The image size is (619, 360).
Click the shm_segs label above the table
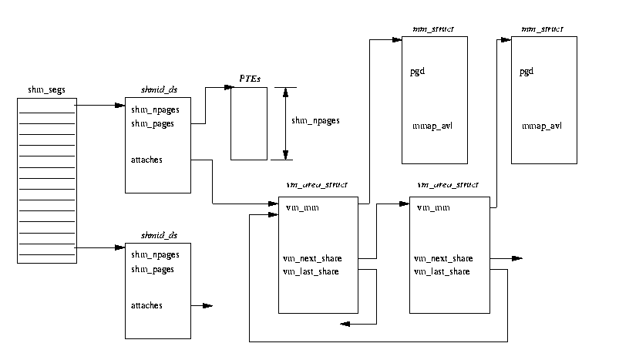(x=46, y=90)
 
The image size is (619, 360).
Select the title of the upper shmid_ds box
(x=157, y=90)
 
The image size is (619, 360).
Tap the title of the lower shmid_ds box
(x=157, y=235)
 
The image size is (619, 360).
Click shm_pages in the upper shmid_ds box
(x=153, y=123)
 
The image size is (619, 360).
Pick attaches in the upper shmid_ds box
(x=146, y=160)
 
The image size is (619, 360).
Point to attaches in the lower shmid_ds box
(x=146, y=305)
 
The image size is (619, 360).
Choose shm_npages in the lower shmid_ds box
(x=155, y=255)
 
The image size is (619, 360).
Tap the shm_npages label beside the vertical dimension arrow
(x=315, y=121)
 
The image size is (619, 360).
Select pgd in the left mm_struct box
(x=418, y=72)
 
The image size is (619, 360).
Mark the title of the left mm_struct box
(x=434, y=29)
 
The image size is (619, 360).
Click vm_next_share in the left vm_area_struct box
(x=313, y=258)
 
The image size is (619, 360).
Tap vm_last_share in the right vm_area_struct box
(x=443, y=271)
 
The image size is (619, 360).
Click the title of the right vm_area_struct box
(x=448, y=185)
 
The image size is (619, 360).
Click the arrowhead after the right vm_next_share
(x=518, y=258)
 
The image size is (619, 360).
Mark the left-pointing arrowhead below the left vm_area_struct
(x=344, y=324)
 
